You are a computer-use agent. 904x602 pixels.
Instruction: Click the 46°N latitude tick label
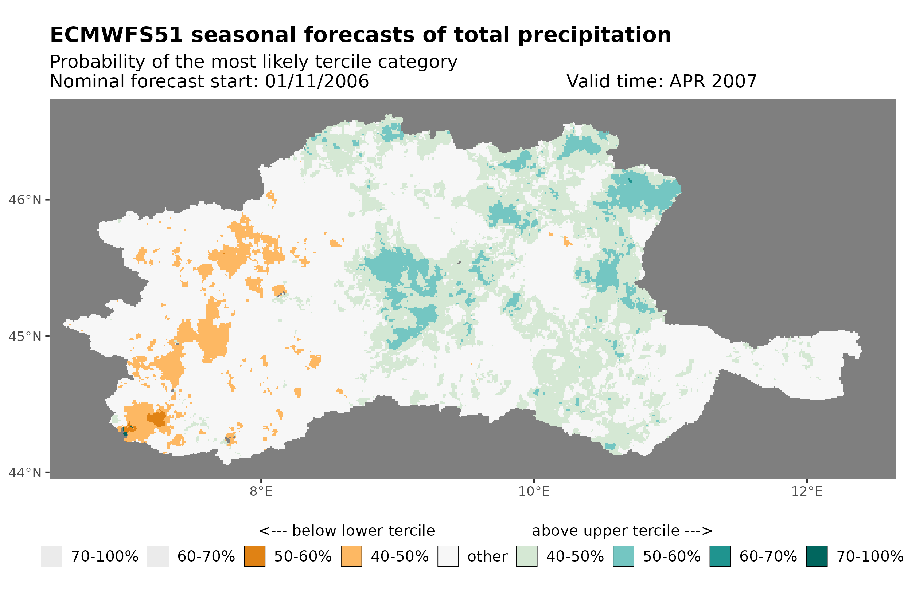pos(24,200)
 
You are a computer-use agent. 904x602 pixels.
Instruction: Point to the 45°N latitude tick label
pos(24,336)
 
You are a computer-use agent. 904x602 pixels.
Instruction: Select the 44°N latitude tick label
pos(24,472)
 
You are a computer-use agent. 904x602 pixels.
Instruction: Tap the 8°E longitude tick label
pos(261,491)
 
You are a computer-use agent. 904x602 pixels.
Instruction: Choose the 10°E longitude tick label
pos(534,491)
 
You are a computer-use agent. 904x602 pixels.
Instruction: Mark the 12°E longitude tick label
pos(806,491)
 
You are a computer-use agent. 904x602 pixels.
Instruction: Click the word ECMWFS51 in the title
pos(116,35)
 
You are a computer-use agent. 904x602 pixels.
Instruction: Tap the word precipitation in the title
pos(594,35)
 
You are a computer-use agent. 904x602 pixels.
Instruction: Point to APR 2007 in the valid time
pos(713,81)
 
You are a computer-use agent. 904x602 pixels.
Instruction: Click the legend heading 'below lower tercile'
pos(363,531)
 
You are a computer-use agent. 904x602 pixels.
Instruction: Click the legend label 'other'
pos(487,556)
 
